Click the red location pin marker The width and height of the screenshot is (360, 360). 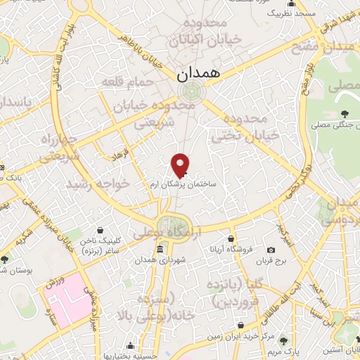pos(181,165)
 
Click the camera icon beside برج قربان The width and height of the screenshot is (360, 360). pos(271,250)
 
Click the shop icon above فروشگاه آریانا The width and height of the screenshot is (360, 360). pos(230,239)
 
